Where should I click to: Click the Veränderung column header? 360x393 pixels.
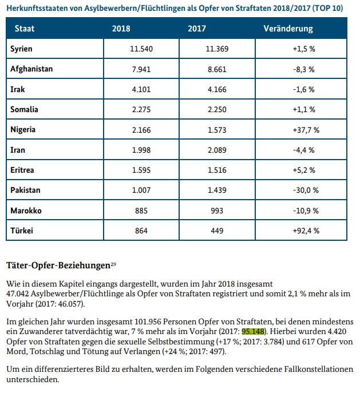tap(288, 29)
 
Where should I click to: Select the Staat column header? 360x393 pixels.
tap(25, 29)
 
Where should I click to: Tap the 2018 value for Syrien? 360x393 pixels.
tap(141, 49)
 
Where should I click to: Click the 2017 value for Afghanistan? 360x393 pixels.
tap(217, 69)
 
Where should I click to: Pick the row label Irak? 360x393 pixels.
tap(18, 89)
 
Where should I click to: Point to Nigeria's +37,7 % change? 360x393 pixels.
tap(306, 130)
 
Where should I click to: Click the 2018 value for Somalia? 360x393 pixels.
tap(141, 109)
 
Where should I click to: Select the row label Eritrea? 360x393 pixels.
tap(22, 170)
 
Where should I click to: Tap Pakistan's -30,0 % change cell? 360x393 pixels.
tap(306, 190)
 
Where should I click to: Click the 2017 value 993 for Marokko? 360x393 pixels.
tap(217, 211)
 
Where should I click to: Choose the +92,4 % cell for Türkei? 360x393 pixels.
tap(306, 231)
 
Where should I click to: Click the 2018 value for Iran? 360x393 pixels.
tap(141, 150)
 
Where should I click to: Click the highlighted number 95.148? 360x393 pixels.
tap(253, 331)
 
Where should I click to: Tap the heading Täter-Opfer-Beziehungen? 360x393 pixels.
tap(58, 265)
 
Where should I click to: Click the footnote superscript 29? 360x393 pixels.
tap(113, 264)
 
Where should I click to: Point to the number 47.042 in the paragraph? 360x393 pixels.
tap(18, 293)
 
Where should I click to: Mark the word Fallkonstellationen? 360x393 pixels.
tap(318, 369)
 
